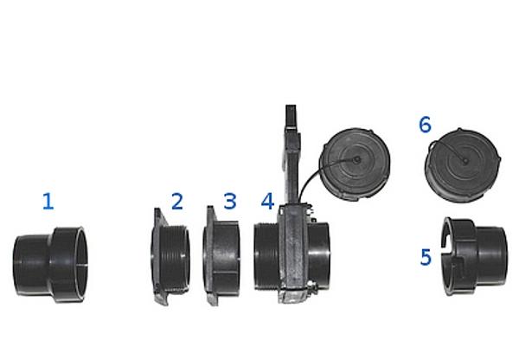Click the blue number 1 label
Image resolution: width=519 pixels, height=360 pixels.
pyautogui.click(x=48, y=202)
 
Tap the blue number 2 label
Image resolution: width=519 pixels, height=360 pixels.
pyautogui.click(x=177, y=202)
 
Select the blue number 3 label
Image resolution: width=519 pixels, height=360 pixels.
pyautogui.click(x=230, y=201)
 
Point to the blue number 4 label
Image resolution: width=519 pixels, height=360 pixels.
pyautogui.click(x=267, y=201)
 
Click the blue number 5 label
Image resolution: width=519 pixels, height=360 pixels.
pyautogui.click(x=426, y=257)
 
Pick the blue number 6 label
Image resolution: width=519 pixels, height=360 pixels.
pyautogui.click(x=426, y=125)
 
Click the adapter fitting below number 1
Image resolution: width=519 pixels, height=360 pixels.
pyautogui.click(x=49, y=264)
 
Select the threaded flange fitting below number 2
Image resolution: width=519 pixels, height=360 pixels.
pyautogui.click(x=170, y=256)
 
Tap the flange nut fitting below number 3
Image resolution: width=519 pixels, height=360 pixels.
pyautogui.click(x=221, y=255)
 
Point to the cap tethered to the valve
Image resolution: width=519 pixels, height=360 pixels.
pyautogui.click(x=355, y=164)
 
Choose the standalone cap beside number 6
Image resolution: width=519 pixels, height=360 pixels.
pyautogui.click(x=463, y=165)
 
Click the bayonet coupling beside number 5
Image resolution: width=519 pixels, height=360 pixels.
pyautogui.click(x=475, y=256)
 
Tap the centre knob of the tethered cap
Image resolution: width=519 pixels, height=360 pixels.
pyautogui.click(x=356, y=160)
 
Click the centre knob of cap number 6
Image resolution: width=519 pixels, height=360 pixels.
pyautogui.click(x=465, y=161)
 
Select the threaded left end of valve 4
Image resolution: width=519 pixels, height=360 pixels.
pyautogui.click(x=266, y=257)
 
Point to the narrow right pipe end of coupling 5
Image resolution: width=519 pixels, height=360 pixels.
pyautogui.click(x=491, y=256)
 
